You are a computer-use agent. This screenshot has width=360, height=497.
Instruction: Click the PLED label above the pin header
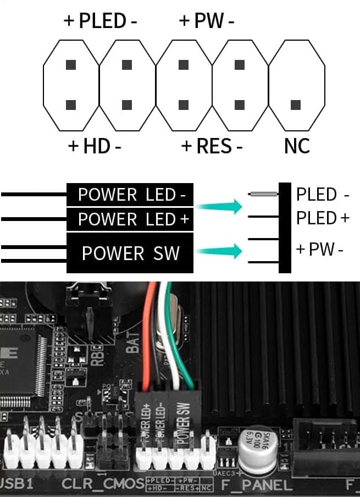coord(102,21)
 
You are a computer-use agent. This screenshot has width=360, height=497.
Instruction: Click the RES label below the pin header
coord(212,146)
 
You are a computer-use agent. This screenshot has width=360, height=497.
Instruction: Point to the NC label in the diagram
coord(297,146)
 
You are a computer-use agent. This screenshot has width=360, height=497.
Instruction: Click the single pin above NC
coord(296,104)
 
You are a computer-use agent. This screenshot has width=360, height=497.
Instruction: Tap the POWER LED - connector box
coord(130,195)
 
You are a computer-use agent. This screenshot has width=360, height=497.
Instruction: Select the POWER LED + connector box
coord(130,219)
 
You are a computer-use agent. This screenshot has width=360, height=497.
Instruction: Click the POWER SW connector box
coord(130,253)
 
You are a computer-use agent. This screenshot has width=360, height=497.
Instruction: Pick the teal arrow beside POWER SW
coord(220,252)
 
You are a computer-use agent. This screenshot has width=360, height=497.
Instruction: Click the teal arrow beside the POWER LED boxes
coord(220,207)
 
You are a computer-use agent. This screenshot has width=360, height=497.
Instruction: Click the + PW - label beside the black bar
coord(319,250)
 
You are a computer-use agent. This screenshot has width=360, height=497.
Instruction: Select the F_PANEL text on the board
coord(256,485)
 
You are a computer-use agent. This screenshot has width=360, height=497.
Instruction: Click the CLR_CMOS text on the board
coord(103,485)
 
